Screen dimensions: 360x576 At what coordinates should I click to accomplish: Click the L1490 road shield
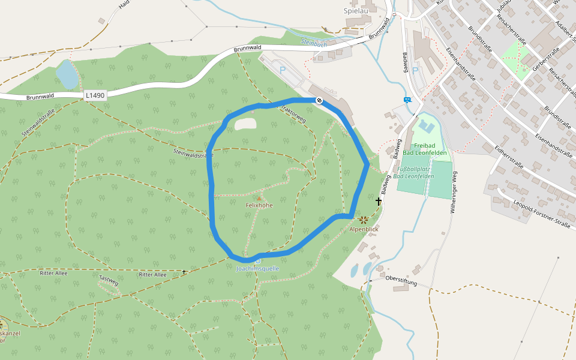pos(95,95)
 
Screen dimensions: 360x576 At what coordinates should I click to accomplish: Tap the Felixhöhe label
pos(259,205)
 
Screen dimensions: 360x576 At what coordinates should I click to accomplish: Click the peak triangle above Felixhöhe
pos(259,198)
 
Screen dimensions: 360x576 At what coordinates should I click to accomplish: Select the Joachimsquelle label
pos(257,269)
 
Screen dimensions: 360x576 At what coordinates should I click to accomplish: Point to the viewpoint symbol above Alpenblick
pos(364,220)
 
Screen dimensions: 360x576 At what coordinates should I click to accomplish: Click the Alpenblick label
pos(364,229)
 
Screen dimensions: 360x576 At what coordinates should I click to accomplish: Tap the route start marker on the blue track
pos(319,100)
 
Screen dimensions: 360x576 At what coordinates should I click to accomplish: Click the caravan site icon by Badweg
pos(408,100)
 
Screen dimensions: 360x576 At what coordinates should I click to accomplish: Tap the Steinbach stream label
pos(314,43)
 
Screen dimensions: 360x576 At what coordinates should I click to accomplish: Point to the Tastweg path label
pos(109,280)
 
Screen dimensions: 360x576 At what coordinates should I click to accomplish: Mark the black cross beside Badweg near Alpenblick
pos(379,202)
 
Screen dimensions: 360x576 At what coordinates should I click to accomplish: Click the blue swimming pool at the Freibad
pos(426,127)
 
